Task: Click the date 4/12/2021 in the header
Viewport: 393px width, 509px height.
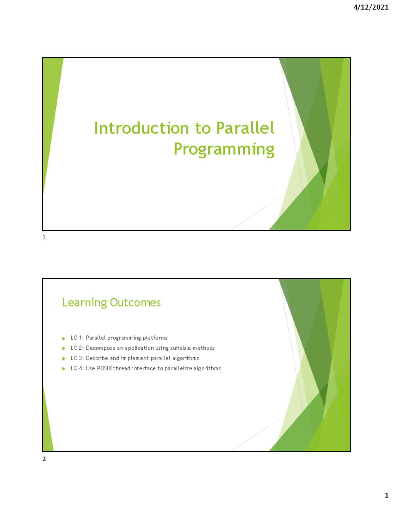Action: click(x=371, y=8)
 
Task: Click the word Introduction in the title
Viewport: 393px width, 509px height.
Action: click(x=141, y=128)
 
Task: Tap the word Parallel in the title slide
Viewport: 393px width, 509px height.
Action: click(x=245, y=128)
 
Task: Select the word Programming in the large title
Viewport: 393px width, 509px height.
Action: click(x=224, y=149)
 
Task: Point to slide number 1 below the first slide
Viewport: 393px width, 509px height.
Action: click(x=44, y=237)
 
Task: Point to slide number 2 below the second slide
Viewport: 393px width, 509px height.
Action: click(x=44, y=459)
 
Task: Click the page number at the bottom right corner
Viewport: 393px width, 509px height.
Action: click(x=386, y=496)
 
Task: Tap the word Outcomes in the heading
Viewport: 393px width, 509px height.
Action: click(x=135, y=303)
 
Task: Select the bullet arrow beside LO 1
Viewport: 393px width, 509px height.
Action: click(x=64, y=338)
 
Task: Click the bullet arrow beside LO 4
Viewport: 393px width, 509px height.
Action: click(x=64, y=369)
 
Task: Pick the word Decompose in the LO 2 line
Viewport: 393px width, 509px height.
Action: click(x=101, y=348)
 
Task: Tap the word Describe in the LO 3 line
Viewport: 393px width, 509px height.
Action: click(x=97, y=358)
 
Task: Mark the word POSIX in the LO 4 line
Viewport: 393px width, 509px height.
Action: click(x=104, y=368)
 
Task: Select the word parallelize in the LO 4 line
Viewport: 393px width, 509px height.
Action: click(x=178, y=368)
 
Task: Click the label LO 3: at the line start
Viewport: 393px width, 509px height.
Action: click(x=77, y=358)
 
